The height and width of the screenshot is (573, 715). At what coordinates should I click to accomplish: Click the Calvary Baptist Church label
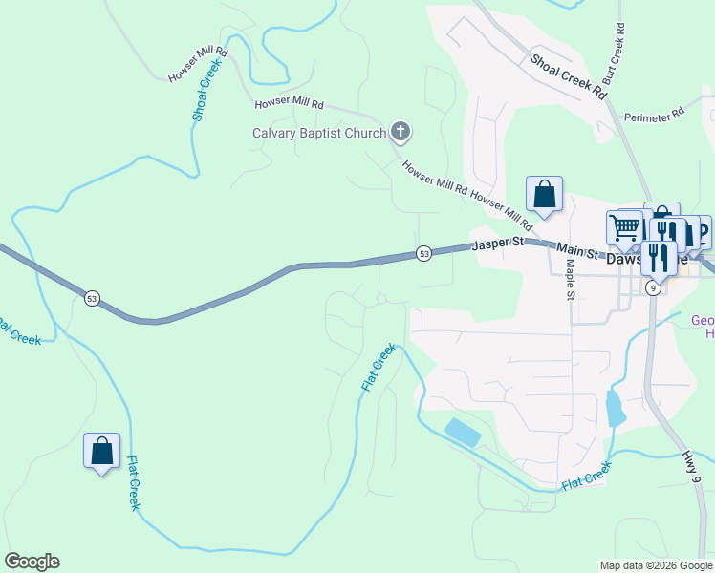pos(318,134)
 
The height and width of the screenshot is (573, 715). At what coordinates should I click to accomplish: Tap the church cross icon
pos(401,132)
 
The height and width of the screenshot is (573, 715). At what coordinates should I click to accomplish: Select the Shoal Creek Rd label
pos(569,76)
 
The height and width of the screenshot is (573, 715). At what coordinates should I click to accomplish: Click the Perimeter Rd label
pos(654,115)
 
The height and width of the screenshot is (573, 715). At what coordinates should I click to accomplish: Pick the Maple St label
pos(569,279)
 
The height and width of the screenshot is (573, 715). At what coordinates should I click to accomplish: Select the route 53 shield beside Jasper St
pos(423,253)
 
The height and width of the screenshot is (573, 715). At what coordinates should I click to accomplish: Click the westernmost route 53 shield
pos(91,298)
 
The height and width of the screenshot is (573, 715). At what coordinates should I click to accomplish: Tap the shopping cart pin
pos(623,227)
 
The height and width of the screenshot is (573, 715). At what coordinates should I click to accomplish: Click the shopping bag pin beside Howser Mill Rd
pos(544,194)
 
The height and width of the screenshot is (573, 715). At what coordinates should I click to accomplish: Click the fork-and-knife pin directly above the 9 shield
pos(658,257)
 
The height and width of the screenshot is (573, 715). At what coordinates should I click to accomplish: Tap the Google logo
pos(32,562)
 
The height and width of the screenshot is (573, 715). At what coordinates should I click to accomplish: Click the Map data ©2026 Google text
pos(656,565)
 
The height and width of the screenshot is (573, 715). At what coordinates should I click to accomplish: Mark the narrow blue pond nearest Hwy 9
pos(614,409)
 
